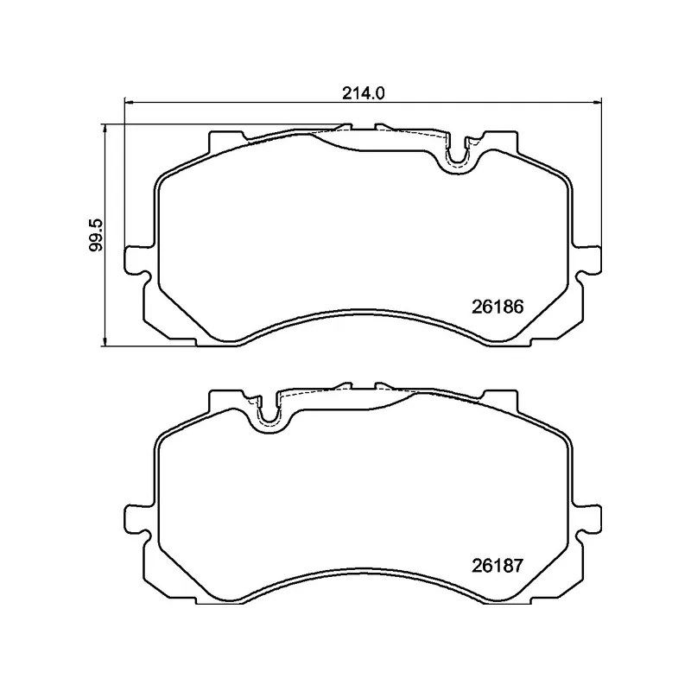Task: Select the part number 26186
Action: [498, 306]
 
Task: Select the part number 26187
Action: [498, 567]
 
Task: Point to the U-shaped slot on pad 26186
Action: [459, 154]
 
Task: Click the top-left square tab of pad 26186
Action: [226, 140]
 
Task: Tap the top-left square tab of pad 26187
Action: [226, 399]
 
